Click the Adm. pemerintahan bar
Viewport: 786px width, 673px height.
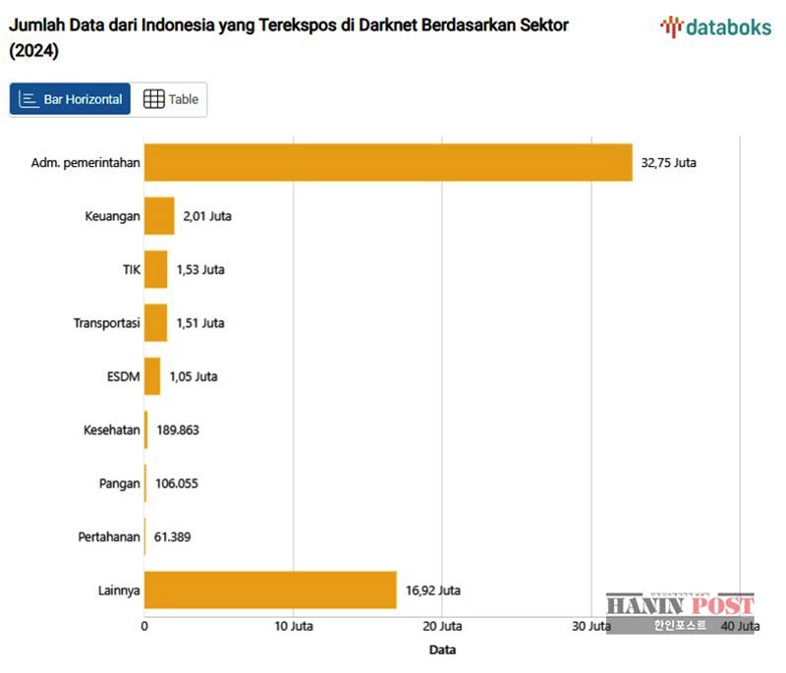[388, 163]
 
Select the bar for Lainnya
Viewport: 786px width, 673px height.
[270, 589]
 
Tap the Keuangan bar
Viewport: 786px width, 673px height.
[159, 216]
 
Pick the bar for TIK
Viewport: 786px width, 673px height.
[156, 269]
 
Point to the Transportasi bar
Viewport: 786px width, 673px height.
[156, 322]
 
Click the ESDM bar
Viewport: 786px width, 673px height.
[152, 376]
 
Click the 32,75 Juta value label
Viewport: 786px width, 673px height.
[668, 163]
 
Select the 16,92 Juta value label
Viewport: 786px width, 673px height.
[433, 590]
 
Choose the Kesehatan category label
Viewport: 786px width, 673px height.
[110, 430]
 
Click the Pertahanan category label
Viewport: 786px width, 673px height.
[109, 537]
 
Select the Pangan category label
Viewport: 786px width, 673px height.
[119, 483]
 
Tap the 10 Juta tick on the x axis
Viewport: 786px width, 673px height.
[292, 626]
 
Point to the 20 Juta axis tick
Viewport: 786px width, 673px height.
[441, 626]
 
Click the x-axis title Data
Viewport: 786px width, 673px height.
[442, 649]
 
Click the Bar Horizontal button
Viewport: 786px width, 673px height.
[71, 99]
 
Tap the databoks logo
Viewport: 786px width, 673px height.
[715, 27]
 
